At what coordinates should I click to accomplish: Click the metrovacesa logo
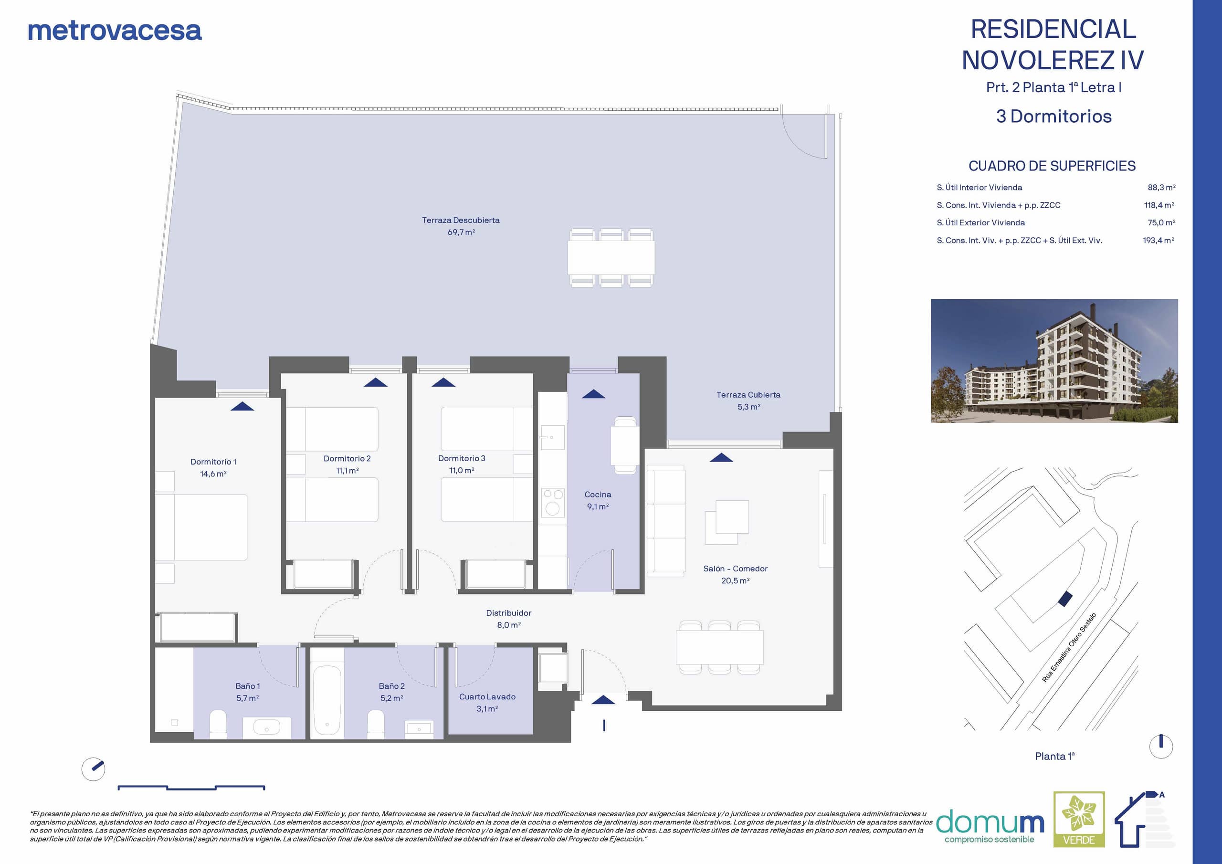point(115,31)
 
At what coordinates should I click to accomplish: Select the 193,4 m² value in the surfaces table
point(1159,240)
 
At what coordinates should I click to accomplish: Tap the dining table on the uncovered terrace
point(611,258)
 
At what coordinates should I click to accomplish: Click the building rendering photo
point(1054,361)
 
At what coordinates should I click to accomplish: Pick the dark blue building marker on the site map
point(1064,599)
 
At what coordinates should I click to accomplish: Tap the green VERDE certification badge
point(1079,819)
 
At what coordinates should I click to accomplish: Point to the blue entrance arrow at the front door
point(603,699)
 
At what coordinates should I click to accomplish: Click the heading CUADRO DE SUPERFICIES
point(1052,166)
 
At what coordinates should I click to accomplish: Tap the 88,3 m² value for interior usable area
point(1161,188)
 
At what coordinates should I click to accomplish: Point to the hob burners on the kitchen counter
point(553,503)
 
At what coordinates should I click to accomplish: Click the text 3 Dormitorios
point(1054,116)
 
